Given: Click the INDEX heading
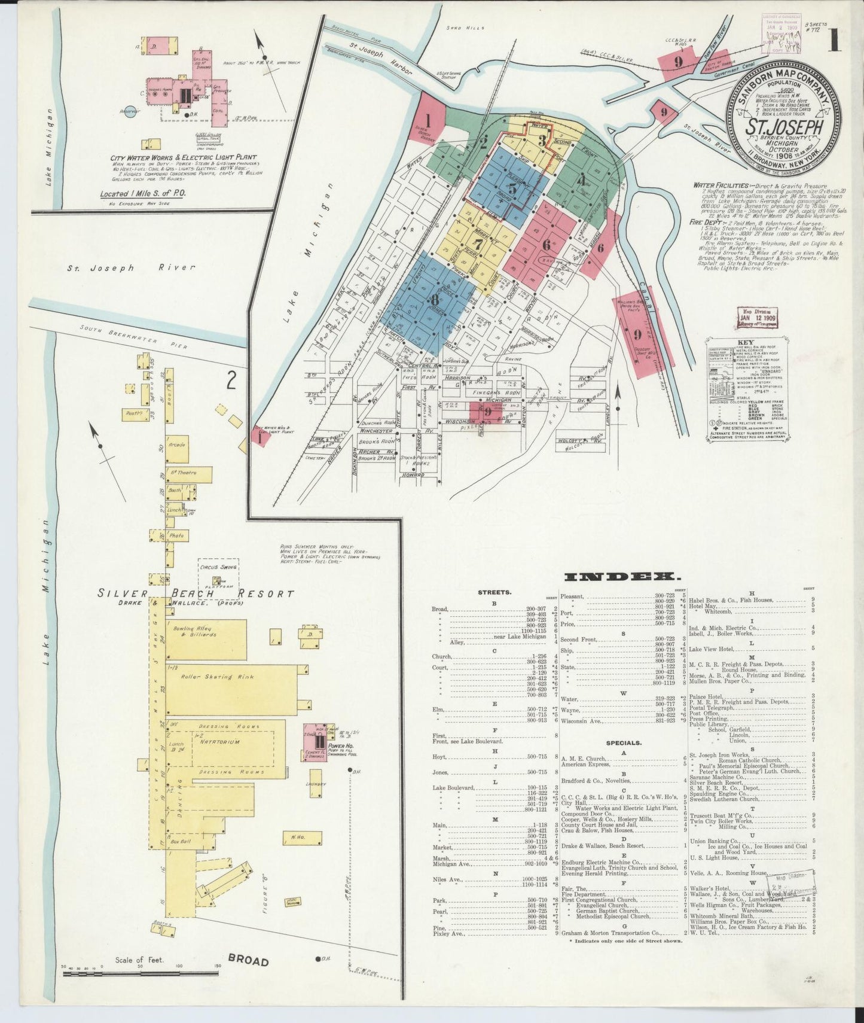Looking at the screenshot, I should [622, 577].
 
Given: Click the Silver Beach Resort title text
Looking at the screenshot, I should [197, 593].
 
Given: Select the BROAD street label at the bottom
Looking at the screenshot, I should [248, 978].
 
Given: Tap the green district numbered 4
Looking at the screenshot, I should [581, 178].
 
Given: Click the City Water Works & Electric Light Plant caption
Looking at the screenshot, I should [183, 157].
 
